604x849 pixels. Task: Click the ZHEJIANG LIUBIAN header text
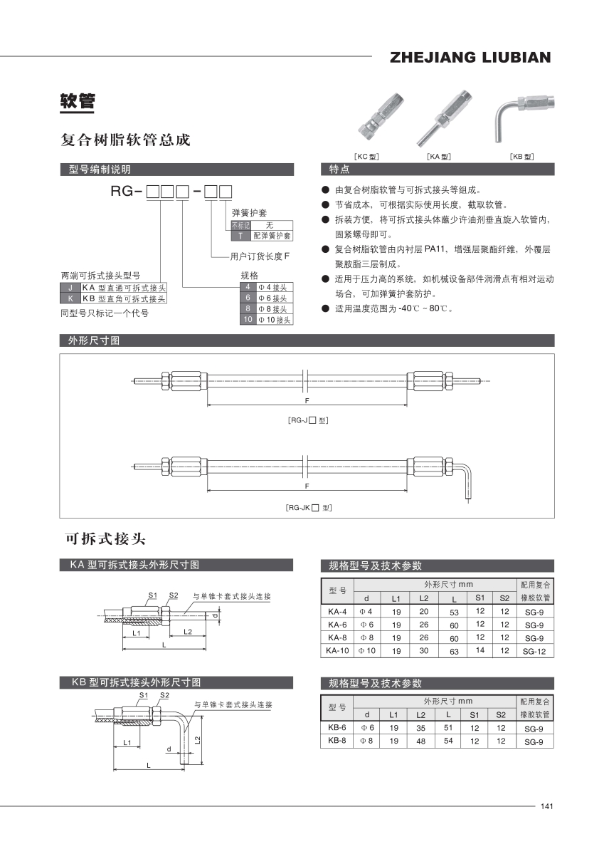click(470, 58)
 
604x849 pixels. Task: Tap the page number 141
click(546, 806)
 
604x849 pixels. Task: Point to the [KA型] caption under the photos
click(439, 156)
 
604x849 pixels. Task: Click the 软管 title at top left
click(77, 102)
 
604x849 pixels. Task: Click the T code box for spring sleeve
click(240, 235)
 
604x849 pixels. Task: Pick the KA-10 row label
click(337, 650)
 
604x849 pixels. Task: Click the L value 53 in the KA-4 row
click(453, 612)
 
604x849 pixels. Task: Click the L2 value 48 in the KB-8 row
click(421, 741)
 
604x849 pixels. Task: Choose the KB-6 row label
click(337, 728)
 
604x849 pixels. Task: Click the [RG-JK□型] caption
click(308, 508)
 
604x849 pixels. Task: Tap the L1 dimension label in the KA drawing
click(136, 632)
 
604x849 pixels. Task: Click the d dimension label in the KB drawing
click(169, 749)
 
